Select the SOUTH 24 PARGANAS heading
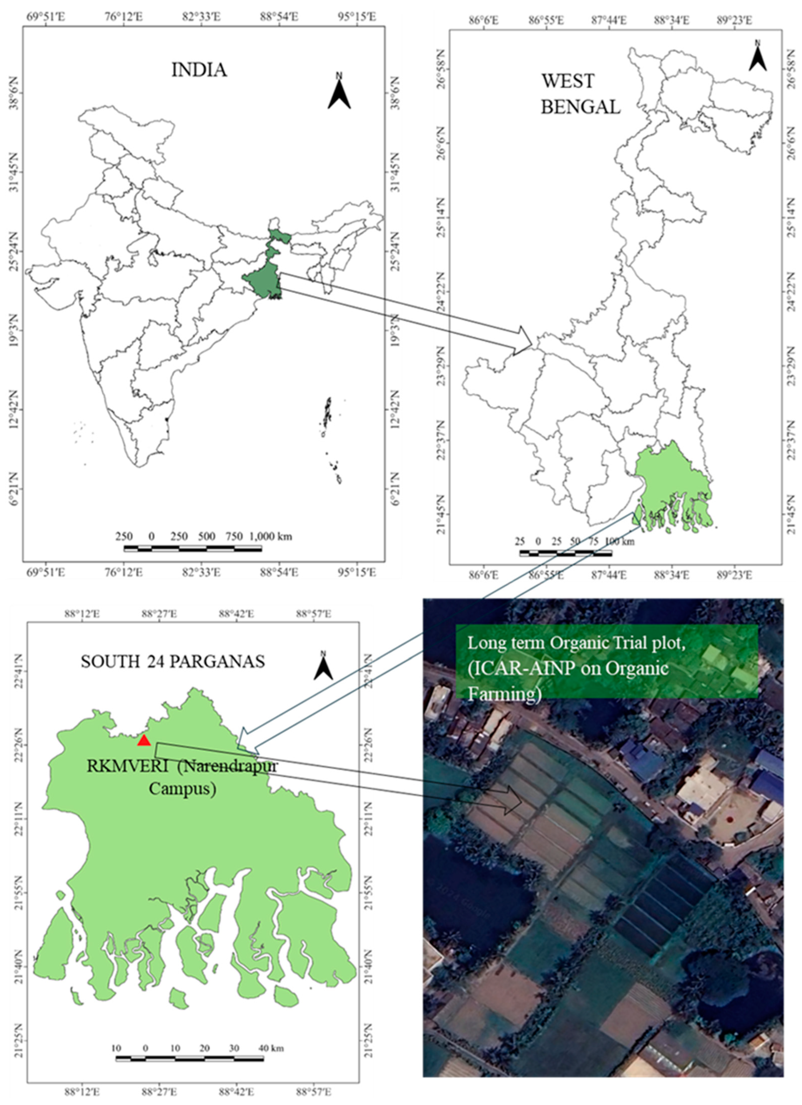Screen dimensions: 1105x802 173,661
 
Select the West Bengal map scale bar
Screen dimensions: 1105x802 565,553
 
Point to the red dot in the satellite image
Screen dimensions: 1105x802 729,819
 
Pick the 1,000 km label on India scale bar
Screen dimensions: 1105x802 271,536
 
